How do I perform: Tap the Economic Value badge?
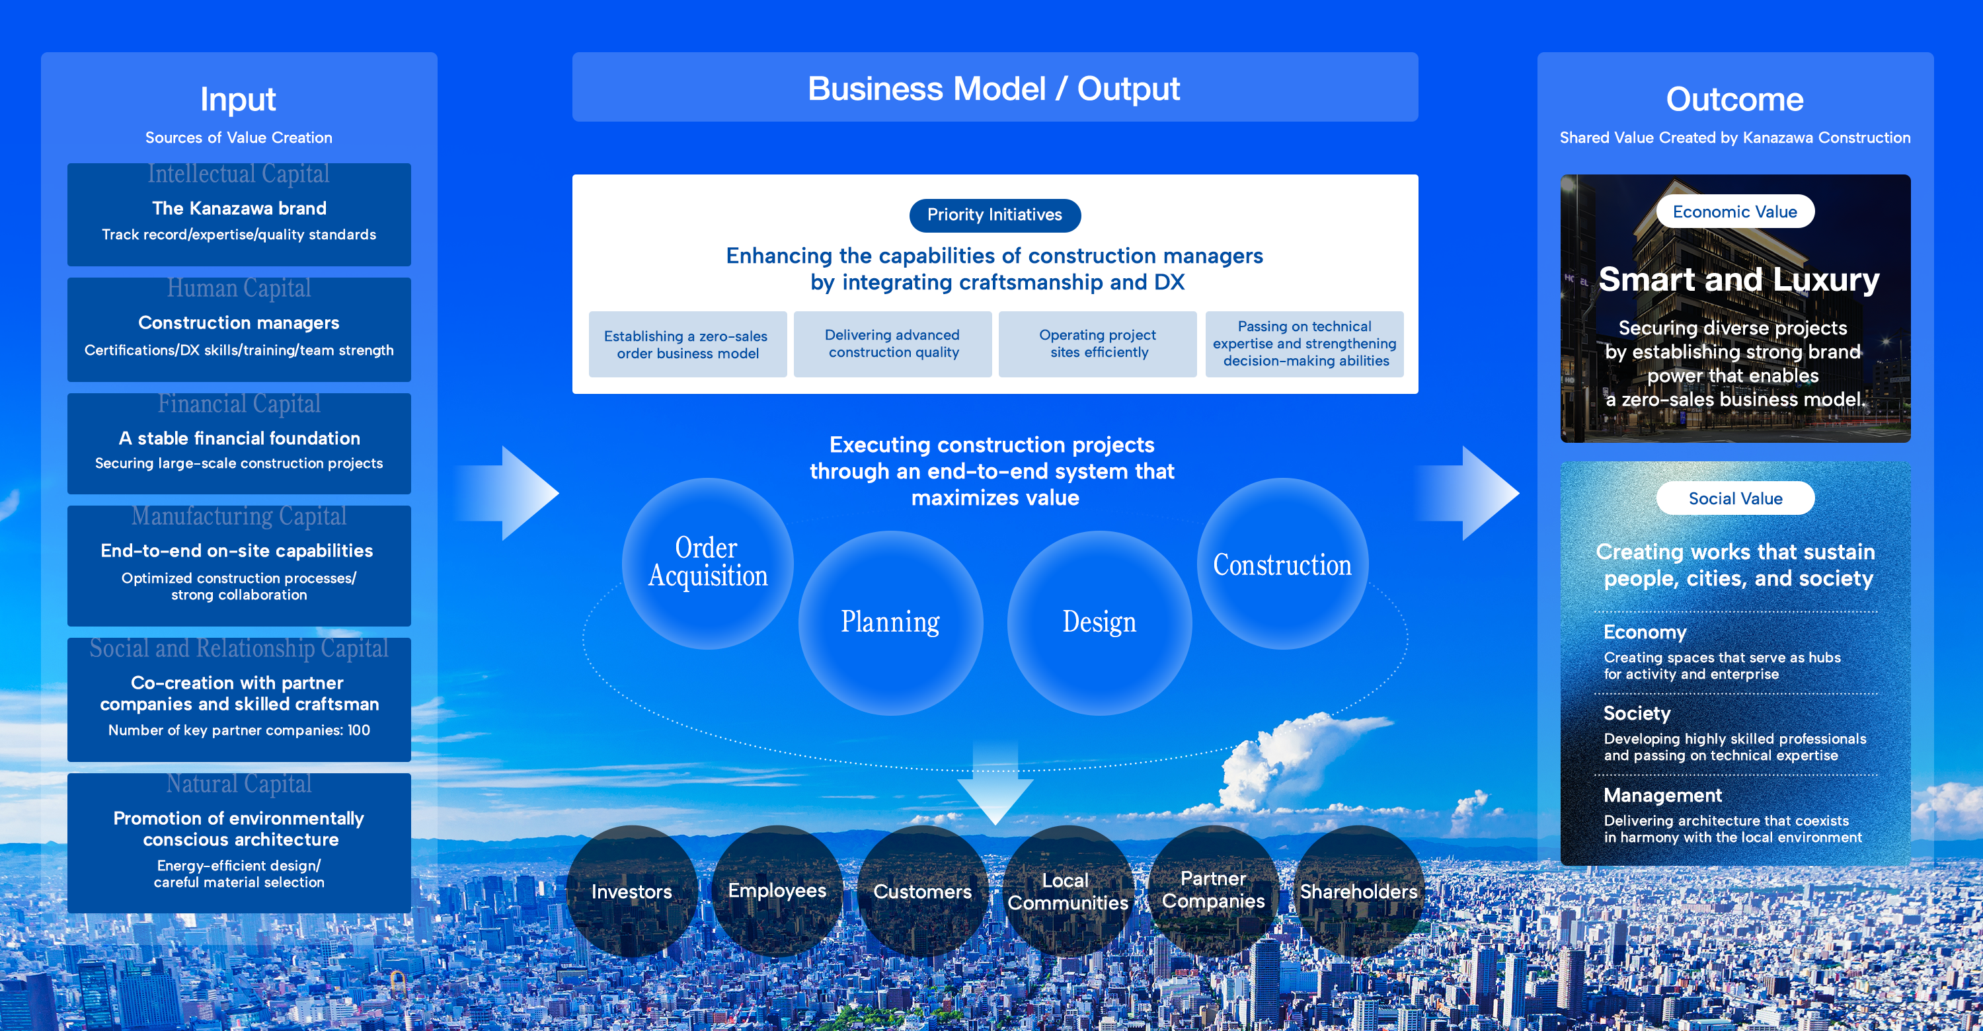(1734, 211)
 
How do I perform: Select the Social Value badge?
(1734, 498)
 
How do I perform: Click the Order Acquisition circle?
(707, 563)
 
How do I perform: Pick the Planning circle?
(890, 623)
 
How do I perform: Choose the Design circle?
(1099, 623)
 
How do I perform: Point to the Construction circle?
(1282, 564)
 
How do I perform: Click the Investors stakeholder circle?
(631, 891)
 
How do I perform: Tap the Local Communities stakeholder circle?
(1068, 891)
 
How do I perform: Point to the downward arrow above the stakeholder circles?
(995, 784)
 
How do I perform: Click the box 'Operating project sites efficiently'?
(1098, 344)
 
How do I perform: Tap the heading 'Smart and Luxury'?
(1738, 280)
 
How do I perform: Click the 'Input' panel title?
(238, 99)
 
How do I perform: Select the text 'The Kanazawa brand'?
(239, 208)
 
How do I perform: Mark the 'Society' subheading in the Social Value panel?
(1637, 713)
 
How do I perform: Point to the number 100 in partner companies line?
(359, 730)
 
